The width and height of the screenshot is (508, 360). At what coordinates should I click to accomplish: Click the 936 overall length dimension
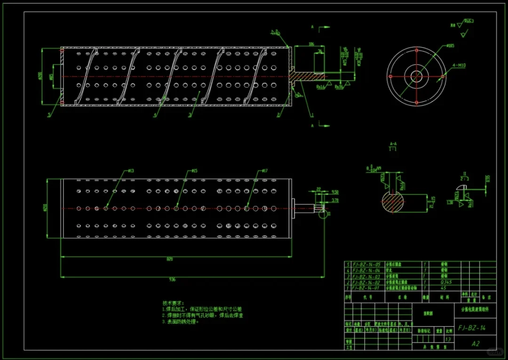coord(172,279)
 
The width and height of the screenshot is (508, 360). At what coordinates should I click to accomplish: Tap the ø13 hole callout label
coord(131,171)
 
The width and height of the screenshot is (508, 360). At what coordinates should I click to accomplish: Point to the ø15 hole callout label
coord(194,171)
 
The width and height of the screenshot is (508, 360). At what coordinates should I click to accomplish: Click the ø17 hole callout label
coord(264,171)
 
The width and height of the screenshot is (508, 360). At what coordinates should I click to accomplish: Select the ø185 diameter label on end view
coord(450,46)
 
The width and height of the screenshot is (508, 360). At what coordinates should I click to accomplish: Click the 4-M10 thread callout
coord(459,66)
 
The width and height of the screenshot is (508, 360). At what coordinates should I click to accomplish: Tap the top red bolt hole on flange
coord(416,49)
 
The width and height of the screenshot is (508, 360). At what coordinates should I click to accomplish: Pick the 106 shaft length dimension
coord(311,44)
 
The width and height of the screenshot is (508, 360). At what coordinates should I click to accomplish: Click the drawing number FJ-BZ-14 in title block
coord(472,328)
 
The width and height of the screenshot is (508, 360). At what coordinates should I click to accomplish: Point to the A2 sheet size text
coord(476,344)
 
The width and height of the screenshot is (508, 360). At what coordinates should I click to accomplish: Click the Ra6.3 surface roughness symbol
coord(468,21)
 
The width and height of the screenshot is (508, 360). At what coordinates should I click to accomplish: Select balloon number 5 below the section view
coord(48,114)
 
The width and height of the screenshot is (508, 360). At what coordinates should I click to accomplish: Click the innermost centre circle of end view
coord(416,76)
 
